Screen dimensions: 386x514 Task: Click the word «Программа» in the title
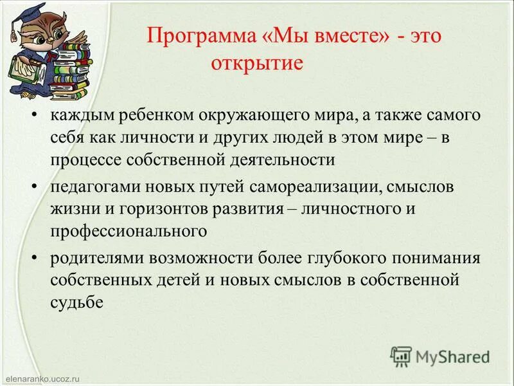point(193,36)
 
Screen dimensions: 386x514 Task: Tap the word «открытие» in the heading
point(253,64)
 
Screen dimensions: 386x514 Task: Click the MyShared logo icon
point(401,356)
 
